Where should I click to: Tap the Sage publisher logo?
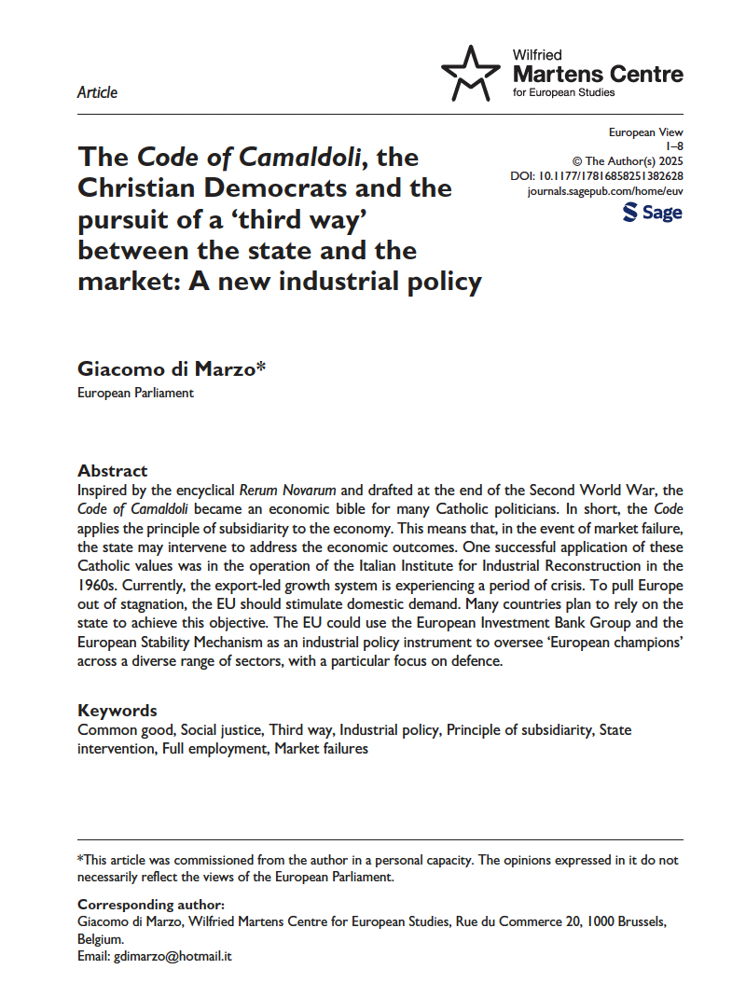[x=652, y=214]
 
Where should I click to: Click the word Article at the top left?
[x=97, y=92]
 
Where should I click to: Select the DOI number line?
[x=597, y=175]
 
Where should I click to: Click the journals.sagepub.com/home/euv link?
[x=605, y=190]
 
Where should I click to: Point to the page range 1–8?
[x=673, y=147]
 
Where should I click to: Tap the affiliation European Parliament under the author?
[x=135, y=393]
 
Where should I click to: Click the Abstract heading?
[x=112, y=471]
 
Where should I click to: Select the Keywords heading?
[x=117, y=711]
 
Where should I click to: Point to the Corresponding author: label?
[x=150, y=905]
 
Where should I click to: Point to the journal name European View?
[x=645, y=133]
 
